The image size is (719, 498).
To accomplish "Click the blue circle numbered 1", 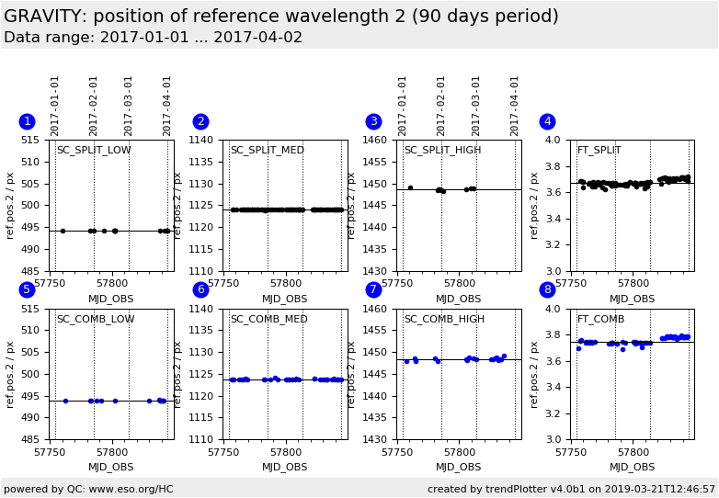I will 27,121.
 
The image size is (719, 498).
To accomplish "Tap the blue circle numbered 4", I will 547,121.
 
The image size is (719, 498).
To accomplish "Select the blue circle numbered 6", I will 200,290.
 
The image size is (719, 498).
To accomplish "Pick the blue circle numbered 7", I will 373,290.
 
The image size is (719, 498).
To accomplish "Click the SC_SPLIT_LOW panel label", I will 94,151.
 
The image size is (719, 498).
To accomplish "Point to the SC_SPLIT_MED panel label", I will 267,151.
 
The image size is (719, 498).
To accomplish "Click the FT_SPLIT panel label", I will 599,151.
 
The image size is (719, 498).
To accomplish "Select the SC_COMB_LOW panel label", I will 96,320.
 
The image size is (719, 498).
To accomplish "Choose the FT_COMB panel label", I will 600,320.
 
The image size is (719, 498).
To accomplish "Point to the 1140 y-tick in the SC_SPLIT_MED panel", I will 204,141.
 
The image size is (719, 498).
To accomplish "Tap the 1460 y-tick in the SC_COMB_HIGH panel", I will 378,310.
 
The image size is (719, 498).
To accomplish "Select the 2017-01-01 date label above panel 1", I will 55,105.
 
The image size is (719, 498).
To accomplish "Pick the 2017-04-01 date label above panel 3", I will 515,105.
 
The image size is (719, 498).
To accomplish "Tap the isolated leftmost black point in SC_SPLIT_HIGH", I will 410,187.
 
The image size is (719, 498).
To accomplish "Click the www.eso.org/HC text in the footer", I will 129,490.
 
